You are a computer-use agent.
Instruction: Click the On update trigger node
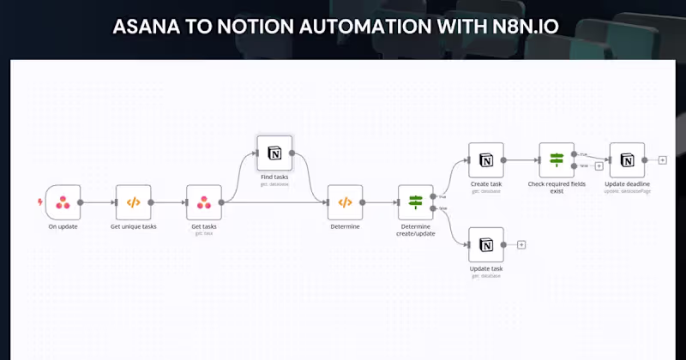(x=63, y=202)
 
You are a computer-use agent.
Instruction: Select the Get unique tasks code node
(x=133, y=202)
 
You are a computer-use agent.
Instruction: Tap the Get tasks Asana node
(x=204, y=202)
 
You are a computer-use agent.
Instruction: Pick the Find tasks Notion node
(x=274, y=153)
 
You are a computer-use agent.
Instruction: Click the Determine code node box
(x=345, y=202)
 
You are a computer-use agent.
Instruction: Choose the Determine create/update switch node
(x=416, y=202)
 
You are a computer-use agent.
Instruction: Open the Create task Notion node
(x=486, y=160)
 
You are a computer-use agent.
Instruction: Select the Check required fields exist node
(x=557, y=160)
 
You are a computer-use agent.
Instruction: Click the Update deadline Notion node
(x=627, y=160)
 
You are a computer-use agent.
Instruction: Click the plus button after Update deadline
(x=662, y=160)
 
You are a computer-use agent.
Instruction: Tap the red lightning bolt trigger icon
(x=39, y=202)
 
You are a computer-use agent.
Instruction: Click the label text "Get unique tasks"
(x=133, y=227)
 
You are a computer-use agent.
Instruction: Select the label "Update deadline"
(x=627, y=184)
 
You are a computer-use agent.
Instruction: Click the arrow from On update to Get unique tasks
(x=99, y=202)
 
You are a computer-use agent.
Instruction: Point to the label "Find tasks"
(x=274, y=177)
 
